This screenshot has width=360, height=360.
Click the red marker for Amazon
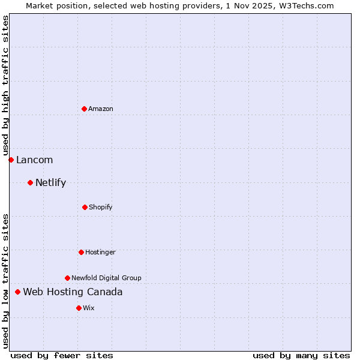[x=84, y=109]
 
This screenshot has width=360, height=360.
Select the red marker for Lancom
[x=11, y=160]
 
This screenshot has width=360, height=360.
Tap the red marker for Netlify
[x=30, y=182]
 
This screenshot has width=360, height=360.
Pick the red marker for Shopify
[x=85, y=207]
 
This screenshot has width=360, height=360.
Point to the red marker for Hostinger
[x=81, y=252]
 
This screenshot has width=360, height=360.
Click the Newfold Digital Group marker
[x=67, y=278]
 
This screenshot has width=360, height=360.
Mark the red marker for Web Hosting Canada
[x=17, y=292]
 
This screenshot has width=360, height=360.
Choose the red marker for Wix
[x=79, y=308]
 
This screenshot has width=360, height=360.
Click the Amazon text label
[x=101, y=109]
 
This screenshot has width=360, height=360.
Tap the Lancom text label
[x=34, y=160]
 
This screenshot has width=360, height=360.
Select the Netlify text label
[x=50, y=182]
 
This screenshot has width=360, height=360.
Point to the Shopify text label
[x=101, y=207]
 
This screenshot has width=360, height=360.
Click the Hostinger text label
[x=100, y=252]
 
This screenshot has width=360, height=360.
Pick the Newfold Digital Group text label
[x=106, y=278]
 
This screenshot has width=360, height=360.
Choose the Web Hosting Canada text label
[x=73, y=292]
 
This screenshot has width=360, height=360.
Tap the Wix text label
[x=89, y=308]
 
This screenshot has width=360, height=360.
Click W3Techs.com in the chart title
[x=304, y=5]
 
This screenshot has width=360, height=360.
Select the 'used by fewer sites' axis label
[x=62, y=355]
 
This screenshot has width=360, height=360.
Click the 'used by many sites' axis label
[x=301, y=355]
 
